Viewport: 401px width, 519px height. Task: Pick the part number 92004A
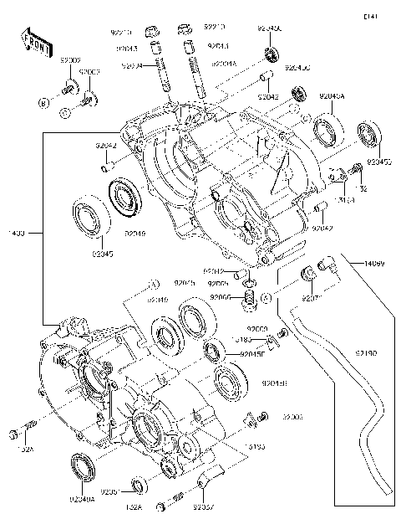(225, 64)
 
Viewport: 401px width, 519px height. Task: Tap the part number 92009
(69, 60)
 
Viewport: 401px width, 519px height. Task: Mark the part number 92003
(89, 72)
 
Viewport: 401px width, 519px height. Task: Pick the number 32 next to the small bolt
(363, 190)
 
